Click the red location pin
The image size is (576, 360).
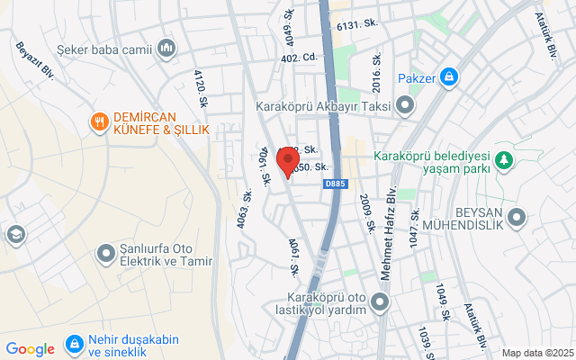tap(288, 163)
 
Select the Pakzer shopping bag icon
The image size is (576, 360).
tap(448, 77)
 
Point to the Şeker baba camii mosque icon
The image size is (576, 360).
tap(166, 47)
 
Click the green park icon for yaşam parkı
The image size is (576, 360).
tap(506, 160)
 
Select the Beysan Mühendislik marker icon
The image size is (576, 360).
tap(517, 217)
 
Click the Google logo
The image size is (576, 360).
tap(30, 349)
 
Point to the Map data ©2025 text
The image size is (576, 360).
tap(537, 353)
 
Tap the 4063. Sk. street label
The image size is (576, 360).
tap(245, 209)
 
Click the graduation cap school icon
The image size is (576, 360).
tap(14, 235)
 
